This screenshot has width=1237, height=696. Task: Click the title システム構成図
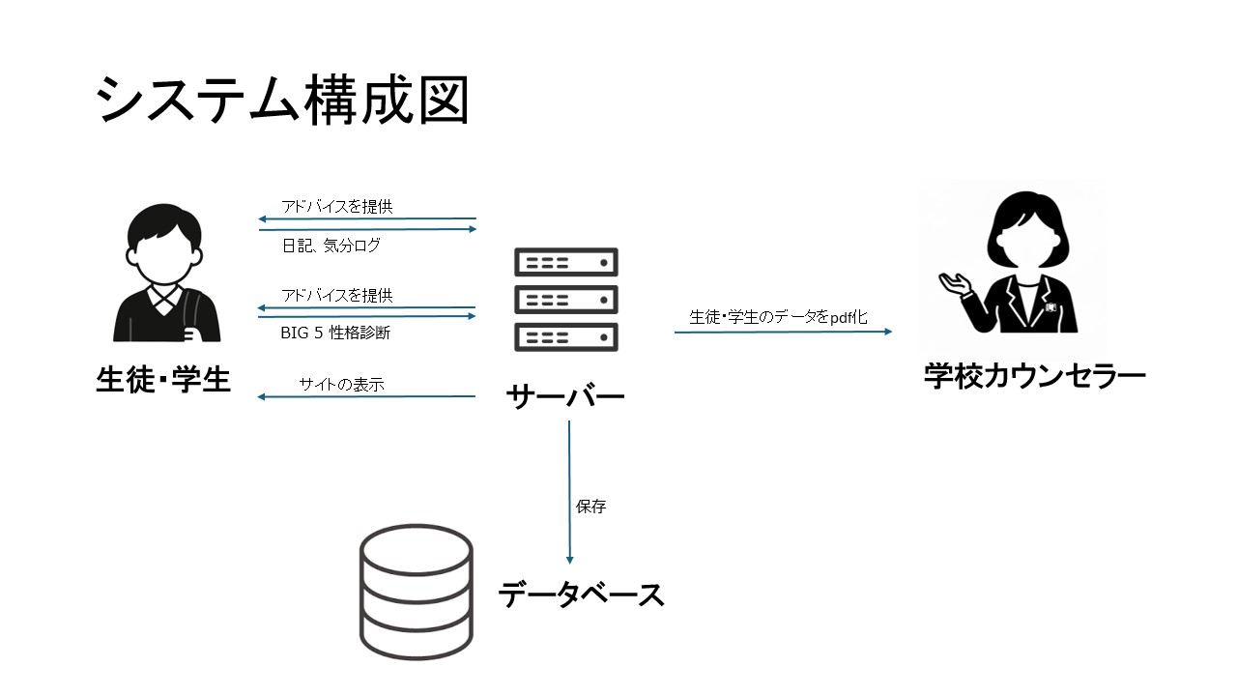[x=282, y=101]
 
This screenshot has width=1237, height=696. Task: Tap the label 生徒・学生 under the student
[x=163, y=380]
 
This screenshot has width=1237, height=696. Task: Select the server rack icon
[x=566, y=300]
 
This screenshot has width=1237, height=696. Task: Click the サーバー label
[x=565, y=396]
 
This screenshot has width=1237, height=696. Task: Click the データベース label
[x=582, y=594]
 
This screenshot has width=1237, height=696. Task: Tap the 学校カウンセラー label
[x=1034, y=376]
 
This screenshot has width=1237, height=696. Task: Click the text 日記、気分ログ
[x=331, y=246]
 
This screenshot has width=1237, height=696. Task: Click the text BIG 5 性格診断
[x=336, y=333]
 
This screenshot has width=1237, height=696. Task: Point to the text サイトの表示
[x=341, y=384]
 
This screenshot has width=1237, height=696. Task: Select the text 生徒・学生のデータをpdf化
[x=778, y=316]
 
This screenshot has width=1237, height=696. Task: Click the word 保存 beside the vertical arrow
[x=590, y=507]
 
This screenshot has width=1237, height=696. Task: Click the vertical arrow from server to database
[x=569, y=493]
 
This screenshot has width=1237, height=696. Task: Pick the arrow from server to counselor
[x=783, y=332]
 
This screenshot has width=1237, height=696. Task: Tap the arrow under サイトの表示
[x=367, y=396]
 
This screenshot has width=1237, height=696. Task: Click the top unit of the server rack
[x=566, y=262]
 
